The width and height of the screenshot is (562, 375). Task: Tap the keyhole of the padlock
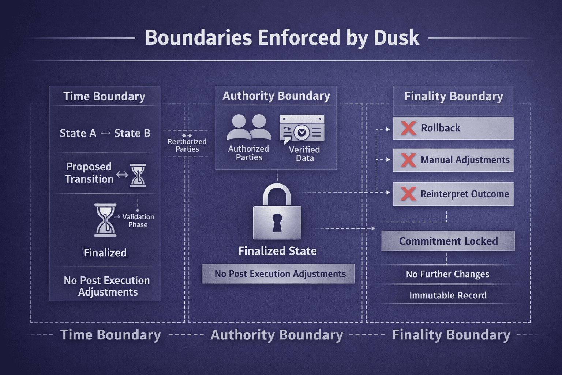pyautogui.click(x=277, y=222)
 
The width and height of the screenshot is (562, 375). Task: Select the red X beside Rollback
pyautogui.click(x=408, y=128)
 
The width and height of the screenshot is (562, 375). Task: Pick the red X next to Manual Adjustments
pyautogui.click(x=408, y=160)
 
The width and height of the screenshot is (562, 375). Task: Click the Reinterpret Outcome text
pyautogui.click(x=465, y=194)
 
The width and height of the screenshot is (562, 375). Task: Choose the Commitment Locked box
pyautogui.click(x=448, y=241)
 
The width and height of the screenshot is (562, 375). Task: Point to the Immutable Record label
pyautogui.click(x=448, y=295)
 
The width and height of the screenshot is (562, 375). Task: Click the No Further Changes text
pyautogui.click(x=447, y=274)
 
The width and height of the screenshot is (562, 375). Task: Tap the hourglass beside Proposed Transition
pyautogui.click(x=138, y=175)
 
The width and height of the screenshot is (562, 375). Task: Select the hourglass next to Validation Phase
pyautogui.click(x=105, y=220)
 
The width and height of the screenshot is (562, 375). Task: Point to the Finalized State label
pyautogui.click(x=277, y=251)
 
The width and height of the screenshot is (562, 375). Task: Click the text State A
pyautogui.click(x=78, y=133)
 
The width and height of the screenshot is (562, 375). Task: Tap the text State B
pyautogui.click(x=132, y=133)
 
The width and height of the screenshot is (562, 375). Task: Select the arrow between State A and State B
pyautogui.click(x=105, y=133)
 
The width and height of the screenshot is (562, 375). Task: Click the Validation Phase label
pyautogui.click(x=138, y=220)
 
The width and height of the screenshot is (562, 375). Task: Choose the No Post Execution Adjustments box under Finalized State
pyautogui.click(x=278, y=274)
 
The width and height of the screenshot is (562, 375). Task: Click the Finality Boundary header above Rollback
pyautogui.click(x=453, y=96)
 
